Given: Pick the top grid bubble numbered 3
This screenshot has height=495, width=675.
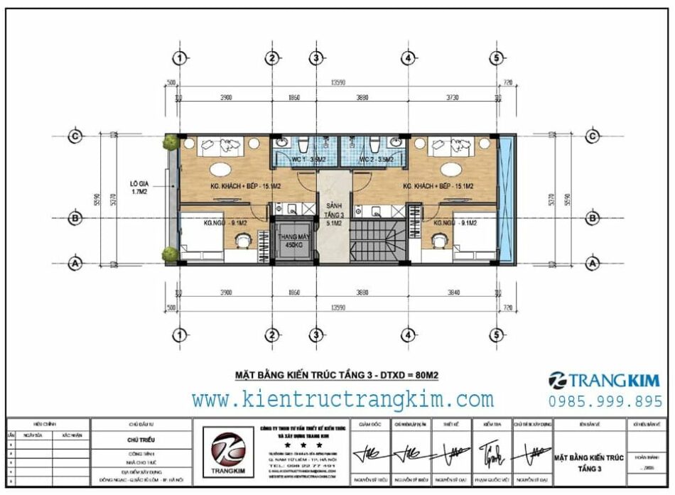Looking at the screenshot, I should pyautogui.click(x=316, y=58).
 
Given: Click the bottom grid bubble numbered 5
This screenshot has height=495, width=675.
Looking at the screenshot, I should pyautogui.click(x=497, y=334).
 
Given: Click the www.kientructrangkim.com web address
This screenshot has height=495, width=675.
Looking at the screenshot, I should pyautogui.click(x=342, y=399).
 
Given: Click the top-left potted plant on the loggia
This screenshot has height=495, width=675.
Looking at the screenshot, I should pyautogui.click(x=169, y=142).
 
